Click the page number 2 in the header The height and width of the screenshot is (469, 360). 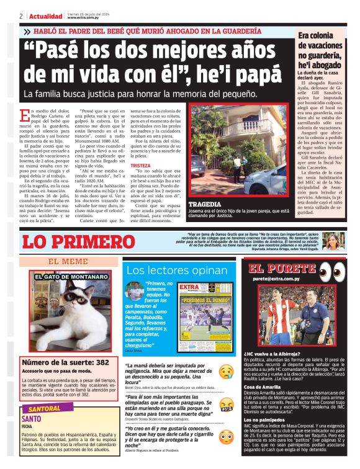pos(21,16)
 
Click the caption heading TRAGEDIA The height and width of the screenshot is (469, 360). pos(205,204)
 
